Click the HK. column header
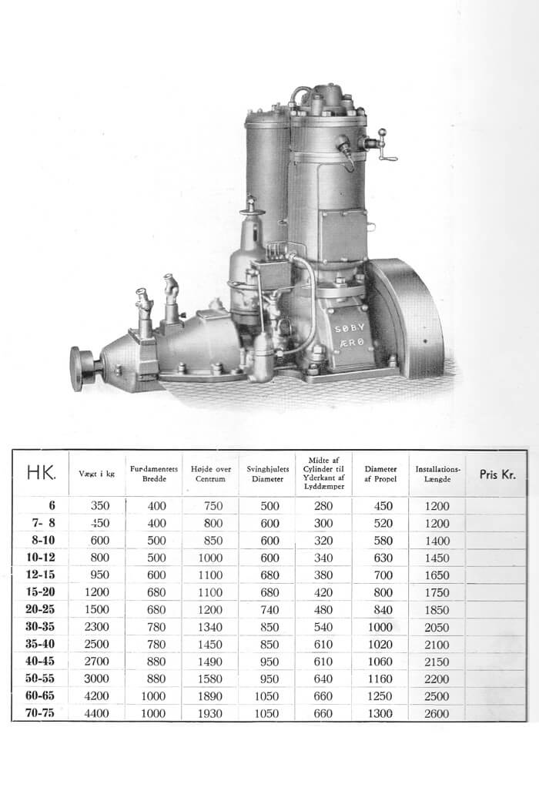(41, 473)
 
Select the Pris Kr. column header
(497, 474)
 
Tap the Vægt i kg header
(96, 474)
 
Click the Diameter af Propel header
(380, 474)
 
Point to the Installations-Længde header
(438, 474)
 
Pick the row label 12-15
(40, 575)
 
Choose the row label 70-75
(40, 712)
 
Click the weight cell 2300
(96, 627)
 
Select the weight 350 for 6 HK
(100, 506)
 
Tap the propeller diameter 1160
(380, 679)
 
